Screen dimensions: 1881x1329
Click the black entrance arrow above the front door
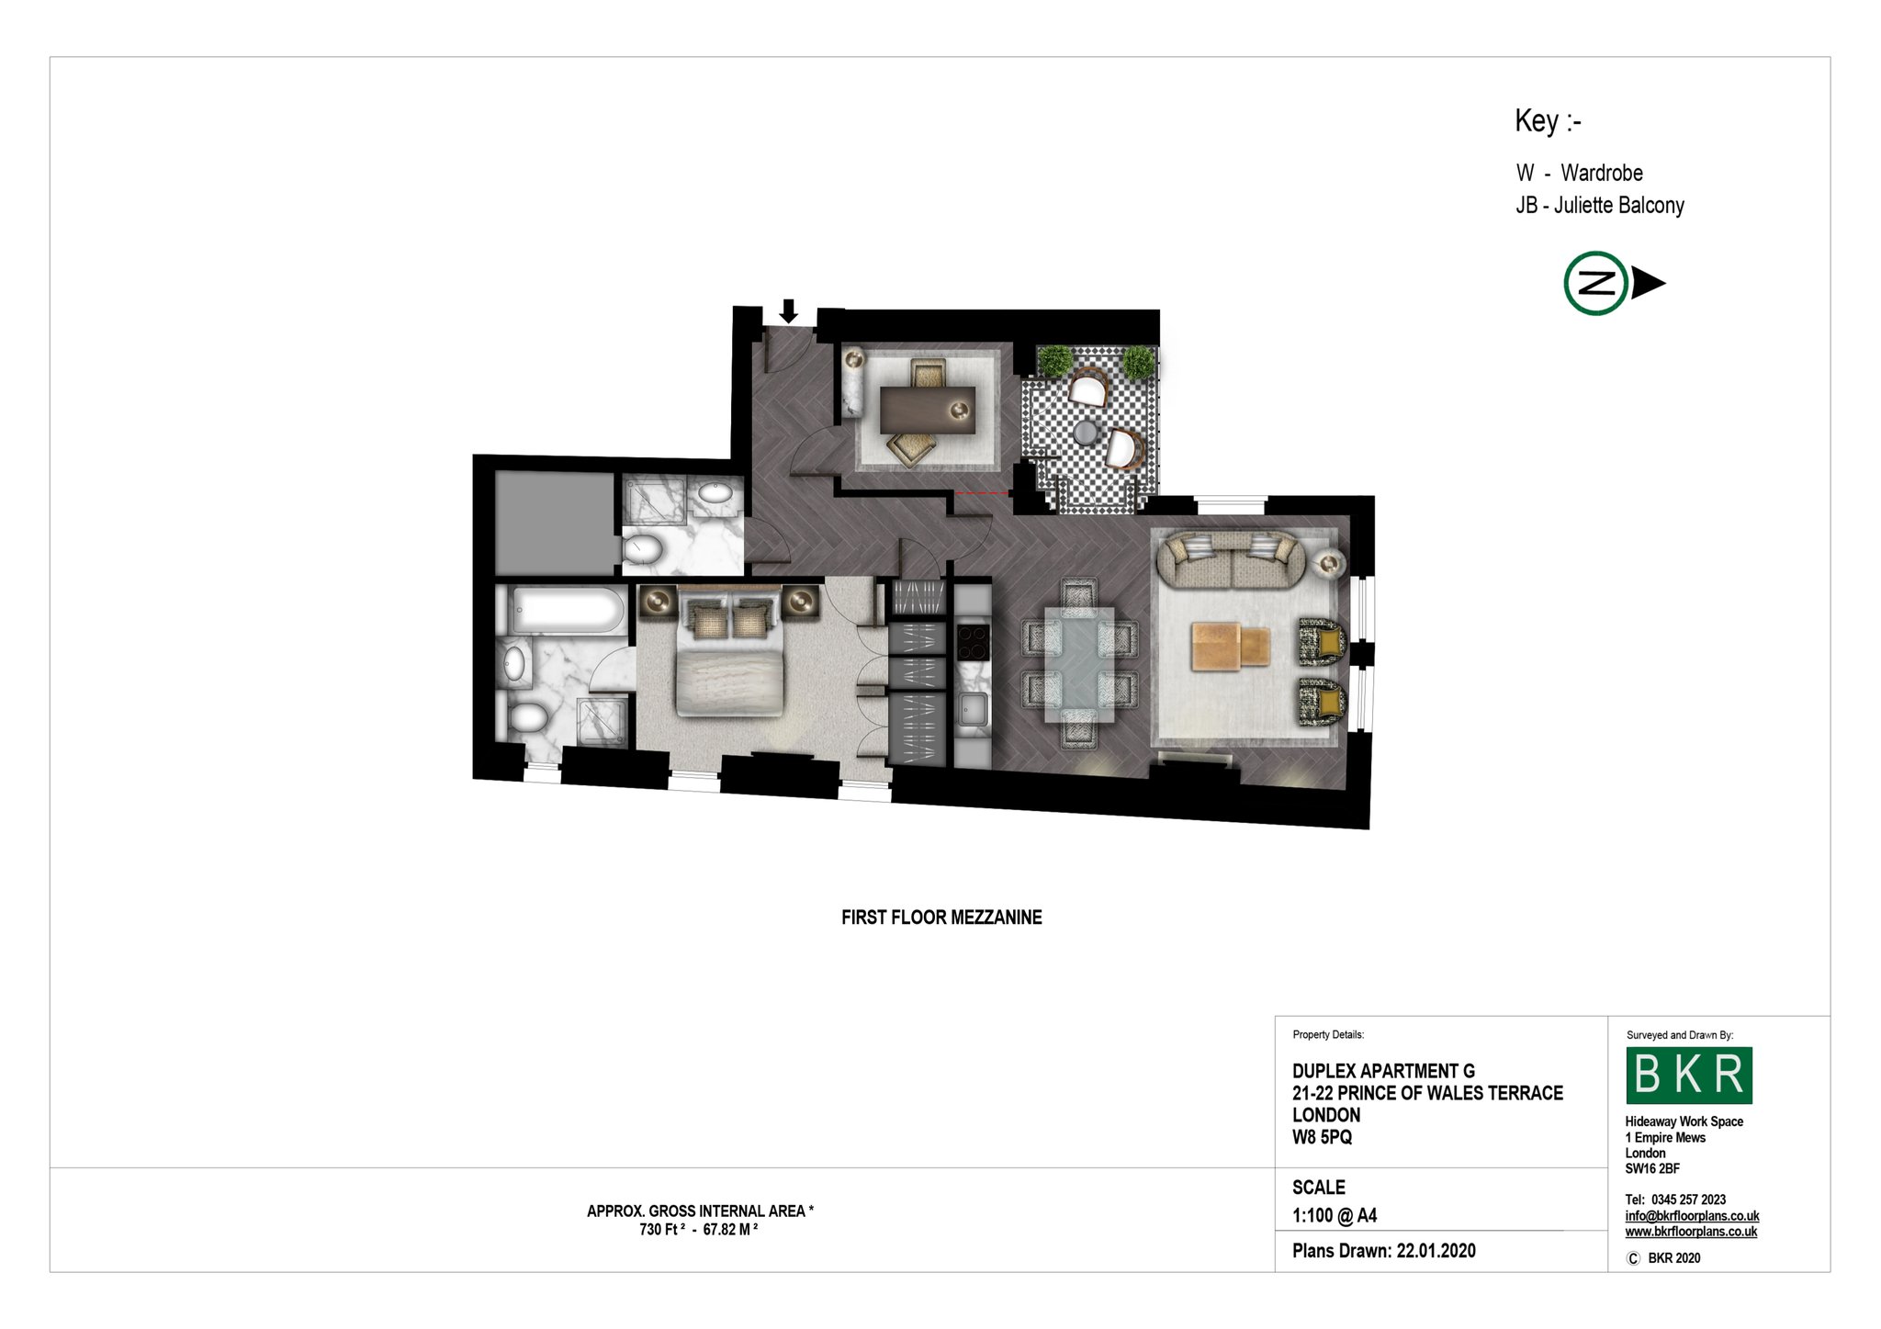coord(788,311)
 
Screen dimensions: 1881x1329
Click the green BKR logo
coord(1689,1075)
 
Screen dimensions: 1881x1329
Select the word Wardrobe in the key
coord(1602,173)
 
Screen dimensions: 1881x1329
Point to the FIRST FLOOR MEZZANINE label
coord(941,918)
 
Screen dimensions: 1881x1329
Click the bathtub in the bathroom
coord(568,610)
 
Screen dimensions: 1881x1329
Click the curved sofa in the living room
coord(1229,559)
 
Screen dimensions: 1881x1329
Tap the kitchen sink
coord(973,708)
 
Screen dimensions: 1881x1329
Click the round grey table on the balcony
coord(1087,432)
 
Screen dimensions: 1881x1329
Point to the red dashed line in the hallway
coord(983,493)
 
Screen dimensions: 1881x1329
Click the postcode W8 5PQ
coord(1322,1137)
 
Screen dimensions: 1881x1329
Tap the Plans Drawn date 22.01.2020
coord(1436,1250)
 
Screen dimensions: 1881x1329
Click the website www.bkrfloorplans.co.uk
coord(1691,1232)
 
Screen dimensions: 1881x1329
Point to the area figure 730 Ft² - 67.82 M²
coord(699,1229)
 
